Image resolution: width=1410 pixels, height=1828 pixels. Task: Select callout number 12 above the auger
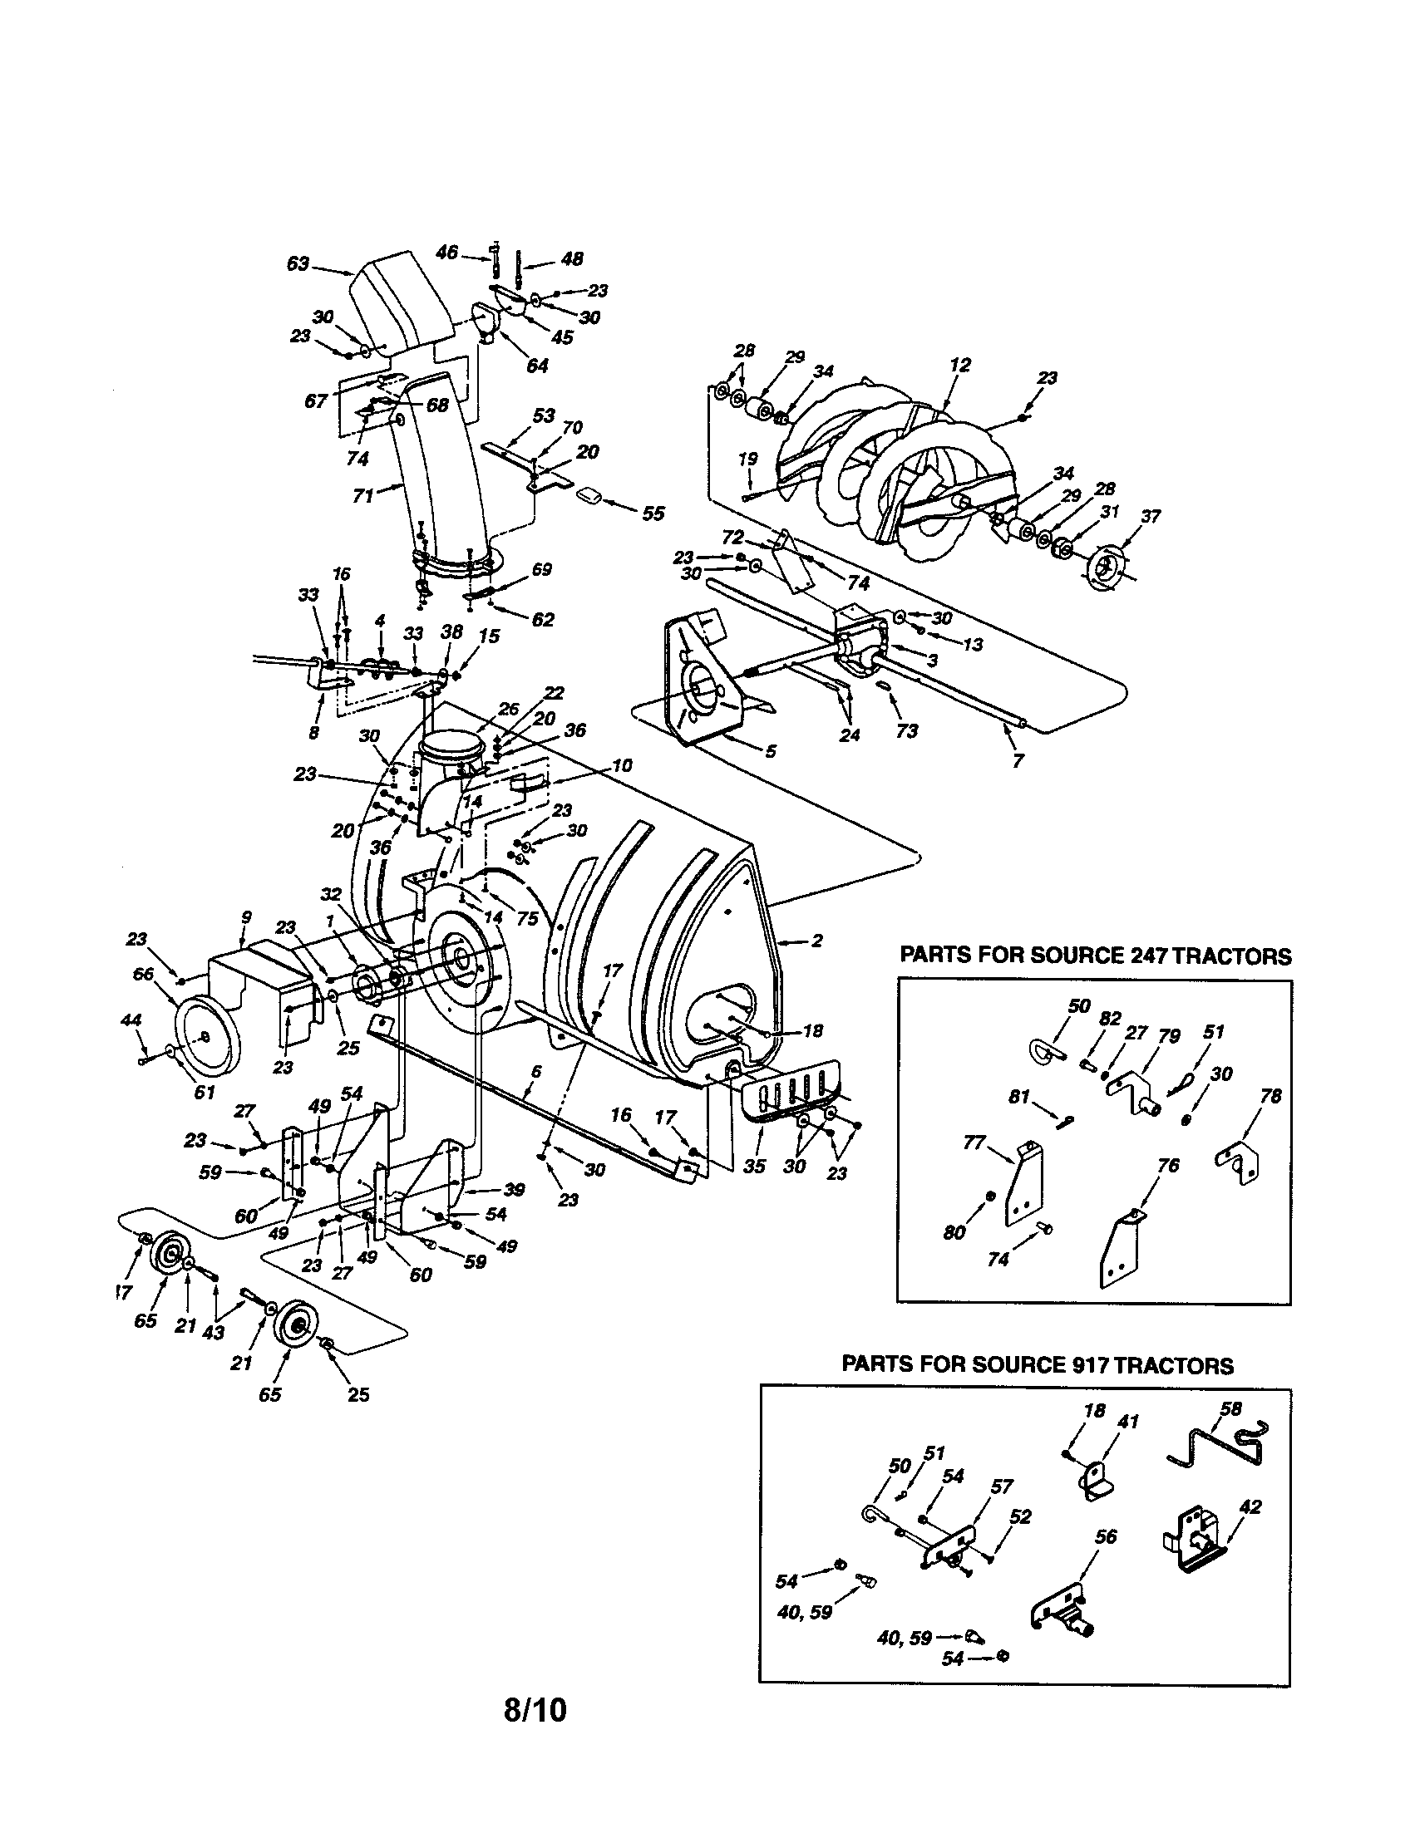pos(960,365)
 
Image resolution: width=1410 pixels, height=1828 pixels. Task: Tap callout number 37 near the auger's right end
pos(1151,517)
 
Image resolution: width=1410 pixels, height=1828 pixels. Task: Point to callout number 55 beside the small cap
pos(653,513)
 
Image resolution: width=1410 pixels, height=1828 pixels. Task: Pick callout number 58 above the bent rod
pos(1230,1408)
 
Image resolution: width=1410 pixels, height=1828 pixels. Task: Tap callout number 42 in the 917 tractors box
pos(1250,1507)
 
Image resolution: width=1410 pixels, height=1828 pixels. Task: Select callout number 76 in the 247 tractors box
pos(1168,1165)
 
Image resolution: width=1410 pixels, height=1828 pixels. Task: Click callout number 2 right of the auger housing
pos(816,941)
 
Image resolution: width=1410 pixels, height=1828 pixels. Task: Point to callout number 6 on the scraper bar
pos(537,1071)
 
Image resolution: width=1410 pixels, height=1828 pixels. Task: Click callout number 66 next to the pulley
pos(143,974)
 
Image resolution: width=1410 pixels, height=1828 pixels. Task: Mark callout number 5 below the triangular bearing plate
pos(771,752)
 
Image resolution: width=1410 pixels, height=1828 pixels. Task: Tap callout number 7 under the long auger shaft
pos(1018,761)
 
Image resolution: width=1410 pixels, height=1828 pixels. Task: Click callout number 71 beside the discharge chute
pos(362,495)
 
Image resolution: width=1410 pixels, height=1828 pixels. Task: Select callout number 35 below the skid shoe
pos(754,1166)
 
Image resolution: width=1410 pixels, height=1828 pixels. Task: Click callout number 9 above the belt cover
pos(246,917)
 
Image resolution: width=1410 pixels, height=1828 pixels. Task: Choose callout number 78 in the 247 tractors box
pos(1270,1097)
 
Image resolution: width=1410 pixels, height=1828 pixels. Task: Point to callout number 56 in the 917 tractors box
pos(1106,1536)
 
